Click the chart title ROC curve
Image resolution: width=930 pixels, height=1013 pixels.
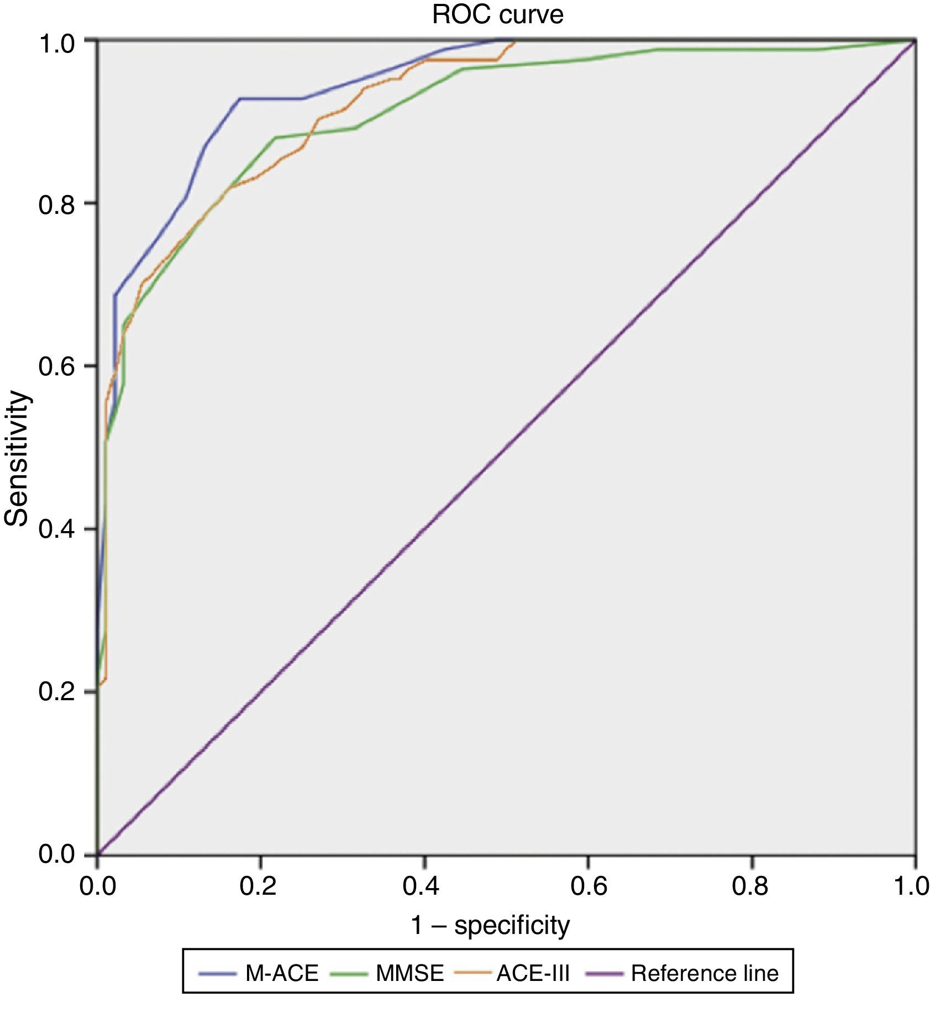[x=497, y=14]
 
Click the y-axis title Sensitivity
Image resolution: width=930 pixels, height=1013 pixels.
[x=17, y=458]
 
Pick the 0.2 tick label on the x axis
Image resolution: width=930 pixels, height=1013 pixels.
[x=260, y=886]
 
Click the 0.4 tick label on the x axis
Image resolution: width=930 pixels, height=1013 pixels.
[x=423, y=886]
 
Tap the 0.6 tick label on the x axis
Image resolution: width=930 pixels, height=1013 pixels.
[x=587, y=886]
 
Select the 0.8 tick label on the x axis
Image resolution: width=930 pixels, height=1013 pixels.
[x=752, y=886]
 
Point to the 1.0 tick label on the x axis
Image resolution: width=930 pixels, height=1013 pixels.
[x=911, y=886]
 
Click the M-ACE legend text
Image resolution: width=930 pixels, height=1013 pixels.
[x=282, y=973]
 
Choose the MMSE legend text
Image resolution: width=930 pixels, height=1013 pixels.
[x=409, y=973]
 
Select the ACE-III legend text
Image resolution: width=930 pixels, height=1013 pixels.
[x=533, y=973]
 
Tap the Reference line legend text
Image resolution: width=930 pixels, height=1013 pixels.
[x=705, y=973]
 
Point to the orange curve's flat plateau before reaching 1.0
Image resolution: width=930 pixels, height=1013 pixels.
[x=464, y=60]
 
